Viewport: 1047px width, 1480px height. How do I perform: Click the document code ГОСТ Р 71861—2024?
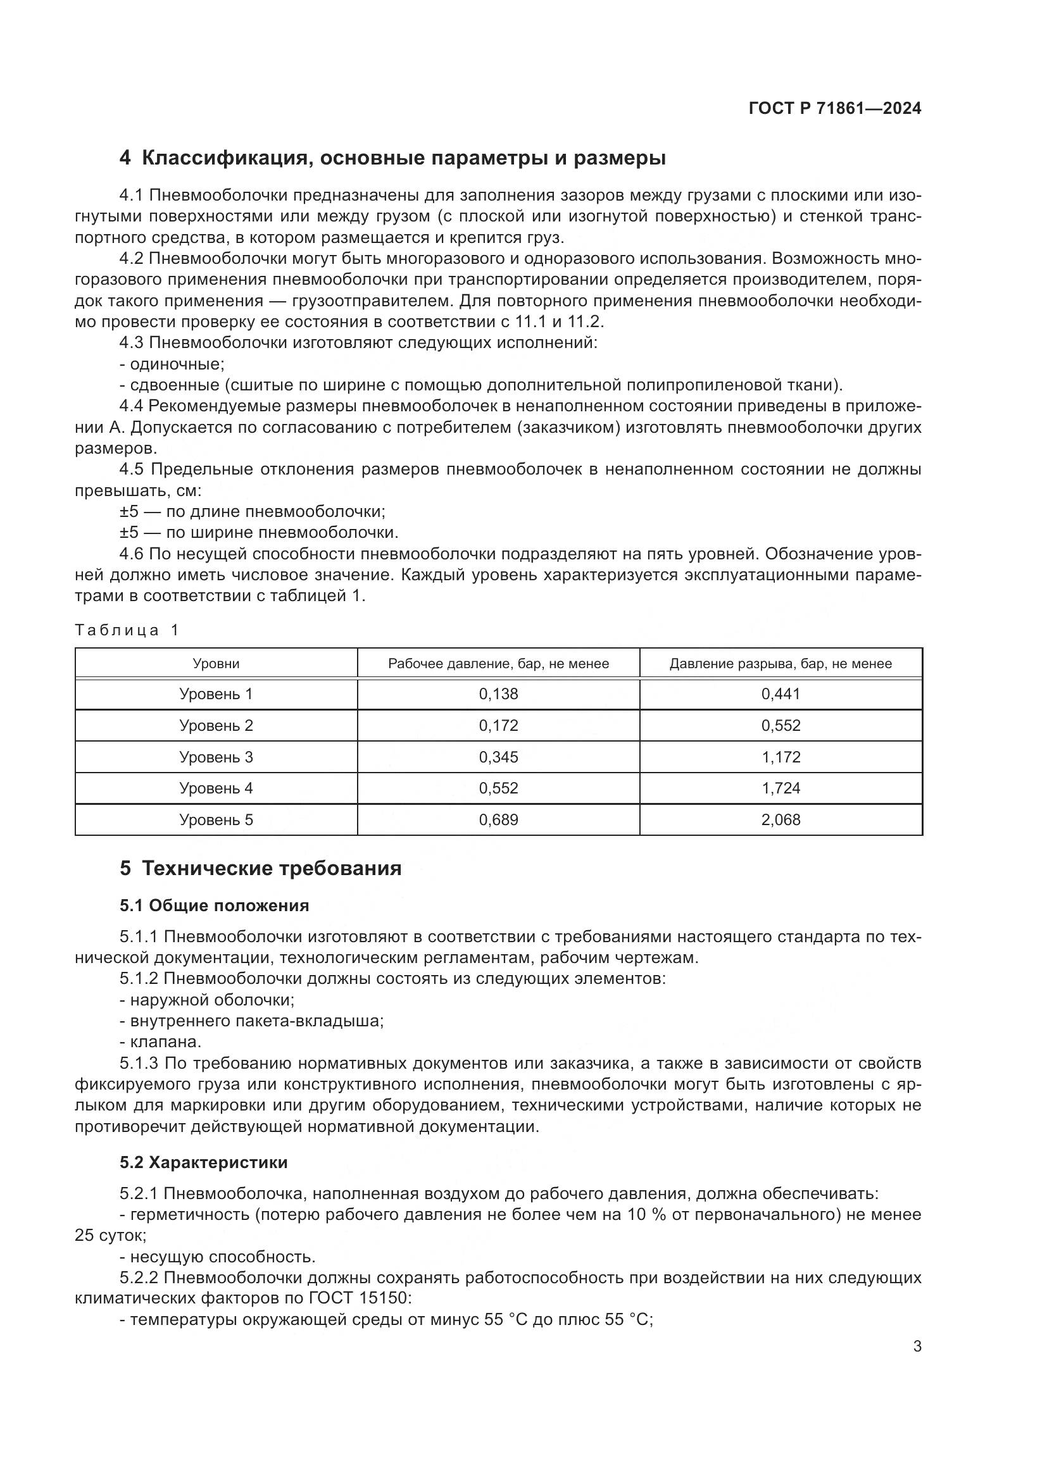coord(835,108)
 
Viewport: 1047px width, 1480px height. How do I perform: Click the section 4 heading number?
coord(125,158)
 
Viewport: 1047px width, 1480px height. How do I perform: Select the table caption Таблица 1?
coord(127,630)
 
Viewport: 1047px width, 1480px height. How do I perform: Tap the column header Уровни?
coord(216,663)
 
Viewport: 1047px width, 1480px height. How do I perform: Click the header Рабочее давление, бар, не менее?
coord(498,663)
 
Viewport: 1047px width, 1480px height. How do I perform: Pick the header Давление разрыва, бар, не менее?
coord(781,663)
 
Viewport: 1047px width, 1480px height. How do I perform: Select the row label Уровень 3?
coord(216,757)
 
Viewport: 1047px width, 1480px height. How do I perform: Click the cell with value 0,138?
coord(498,694)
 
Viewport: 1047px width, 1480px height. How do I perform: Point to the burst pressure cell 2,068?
coord(781,820)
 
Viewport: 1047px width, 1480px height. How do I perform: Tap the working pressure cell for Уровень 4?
coord(498,788)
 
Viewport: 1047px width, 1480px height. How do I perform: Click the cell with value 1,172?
coord(781,757)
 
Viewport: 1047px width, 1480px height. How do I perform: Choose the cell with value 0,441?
coord(781,694)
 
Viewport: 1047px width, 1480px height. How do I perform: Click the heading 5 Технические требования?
coord(260,868)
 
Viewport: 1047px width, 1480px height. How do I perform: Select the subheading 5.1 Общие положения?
coord(214,905)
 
